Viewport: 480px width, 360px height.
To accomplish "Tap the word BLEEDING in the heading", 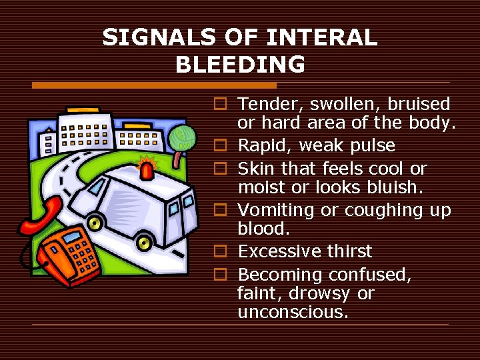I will [240, 64].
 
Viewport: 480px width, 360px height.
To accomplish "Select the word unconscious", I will [293, 312].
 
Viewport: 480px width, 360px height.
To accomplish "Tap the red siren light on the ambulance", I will [147, 167].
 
